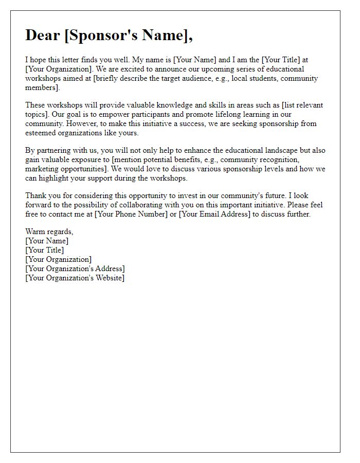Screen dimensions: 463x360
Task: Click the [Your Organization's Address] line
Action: point(75,269)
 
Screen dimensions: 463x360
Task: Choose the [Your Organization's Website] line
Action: point(75,278)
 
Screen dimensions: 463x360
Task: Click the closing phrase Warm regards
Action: point(49,232)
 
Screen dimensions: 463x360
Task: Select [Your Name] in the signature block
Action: point(47,241)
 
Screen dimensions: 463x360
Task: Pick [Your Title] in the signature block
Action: point(45,250)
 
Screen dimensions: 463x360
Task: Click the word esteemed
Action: point(42,133)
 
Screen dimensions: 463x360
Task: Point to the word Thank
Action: point(36,195)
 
